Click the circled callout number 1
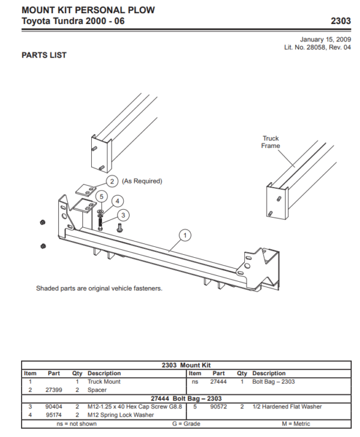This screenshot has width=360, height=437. (185, 235)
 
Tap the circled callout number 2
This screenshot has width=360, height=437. (112, 181)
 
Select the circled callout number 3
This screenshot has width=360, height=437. (123, 214)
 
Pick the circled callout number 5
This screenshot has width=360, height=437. (101, 196)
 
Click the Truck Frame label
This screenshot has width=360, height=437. (271, 142)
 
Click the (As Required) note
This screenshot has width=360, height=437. (142, 181)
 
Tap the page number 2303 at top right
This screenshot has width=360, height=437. (341, 21)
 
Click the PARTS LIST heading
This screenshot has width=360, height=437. (44, 55)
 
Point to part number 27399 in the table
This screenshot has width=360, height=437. (54, 390)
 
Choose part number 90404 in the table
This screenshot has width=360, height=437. (54, 406)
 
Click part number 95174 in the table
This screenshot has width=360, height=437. (54, 415)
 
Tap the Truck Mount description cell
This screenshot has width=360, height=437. (104, 381)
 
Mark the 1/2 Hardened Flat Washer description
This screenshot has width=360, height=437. (287, 406)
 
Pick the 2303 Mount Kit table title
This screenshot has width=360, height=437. (186, 365)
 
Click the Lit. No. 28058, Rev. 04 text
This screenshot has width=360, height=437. (317, 47)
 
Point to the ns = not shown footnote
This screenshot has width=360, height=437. (70, 424)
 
